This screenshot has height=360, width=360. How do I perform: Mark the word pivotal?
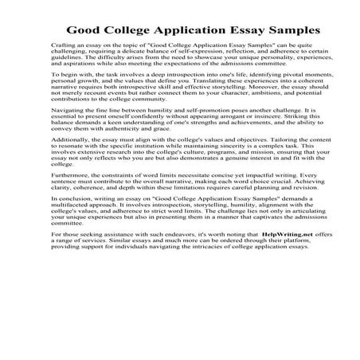(x=269, y=94)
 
